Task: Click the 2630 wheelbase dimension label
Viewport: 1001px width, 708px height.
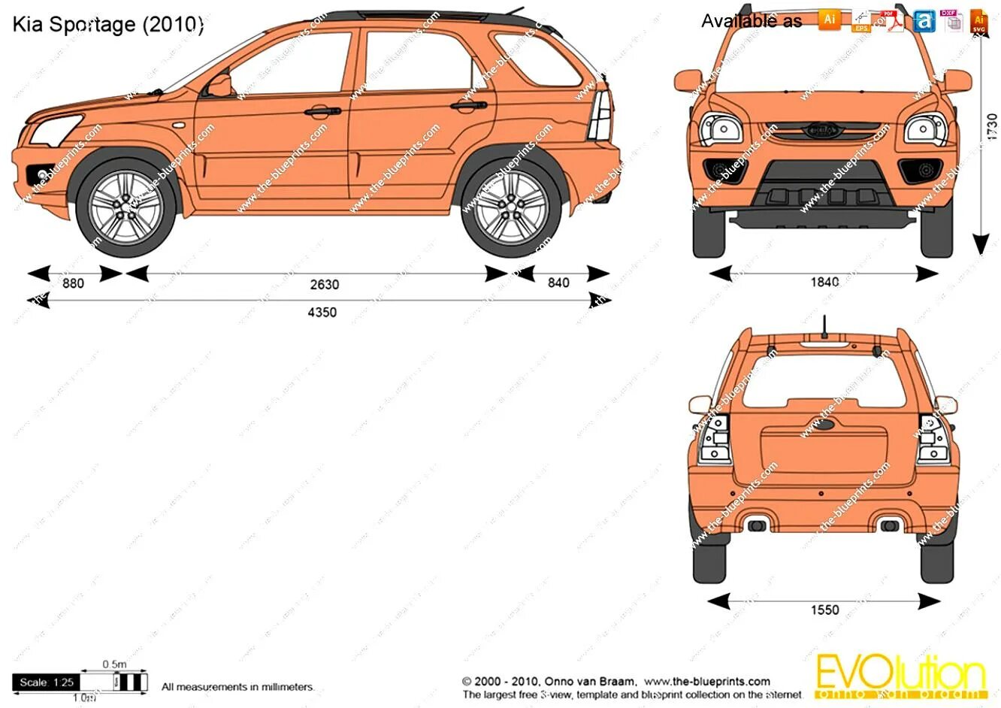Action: pos(325,285)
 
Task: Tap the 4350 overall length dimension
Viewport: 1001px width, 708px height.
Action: pos(322,313)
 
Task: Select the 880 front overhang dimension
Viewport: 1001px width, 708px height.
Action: pos(73,283)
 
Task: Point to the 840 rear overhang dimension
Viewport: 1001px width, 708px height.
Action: pos(558,283)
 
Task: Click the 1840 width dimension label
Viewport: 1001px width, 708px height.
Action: pos(824,283)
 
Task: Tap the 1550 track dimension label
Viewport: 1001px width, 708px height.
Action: pos(824,610)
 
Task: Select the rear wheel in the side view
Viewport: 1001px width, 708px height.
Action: pos(511,207)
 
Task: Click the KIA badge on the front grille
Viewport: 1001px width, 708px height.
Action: pos(822,130)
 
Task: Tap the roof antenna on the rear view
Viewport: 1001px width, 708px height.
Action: pos(824,328)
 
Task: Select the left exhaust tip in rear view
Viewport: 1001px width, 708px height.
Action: pos(756,524)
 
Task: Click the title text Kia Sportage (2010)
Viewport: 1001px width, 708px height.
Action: pos(107,24)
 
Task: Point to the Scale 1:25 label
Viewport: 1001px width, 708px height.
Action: pos(47,682)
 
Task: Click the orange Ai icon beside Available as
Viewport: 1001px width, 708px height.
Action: pos(829,20)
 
